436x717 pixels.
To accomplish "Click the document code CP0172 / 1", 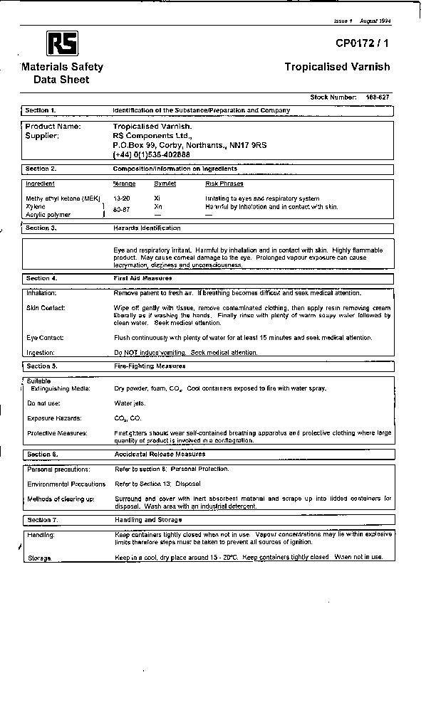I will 363,44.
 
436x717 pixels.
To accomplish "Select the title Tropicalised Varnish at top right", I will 337,67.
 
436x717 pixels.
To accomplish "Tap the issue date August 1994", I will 376,21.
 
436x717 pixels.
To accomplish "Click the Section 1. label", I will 41,110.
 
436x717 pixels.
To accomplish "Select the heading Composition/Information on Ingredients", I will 175,169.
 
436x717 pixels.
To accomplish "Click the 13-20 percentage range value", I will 122,198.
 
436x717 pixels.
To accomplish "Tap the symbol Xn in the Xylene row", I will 159,206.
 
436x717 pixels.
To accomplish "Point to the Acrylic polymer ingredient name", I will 48,214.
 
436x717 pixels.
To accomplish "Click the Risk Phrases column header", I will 224,184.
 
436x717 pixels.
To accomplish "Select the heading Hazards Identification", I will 147,228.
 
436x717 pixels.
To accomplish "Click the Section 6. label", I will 42,454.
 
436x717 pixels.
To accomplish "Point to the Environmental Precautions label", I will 66,484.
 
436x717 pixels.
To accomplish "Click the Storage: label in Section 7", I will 39,558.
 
